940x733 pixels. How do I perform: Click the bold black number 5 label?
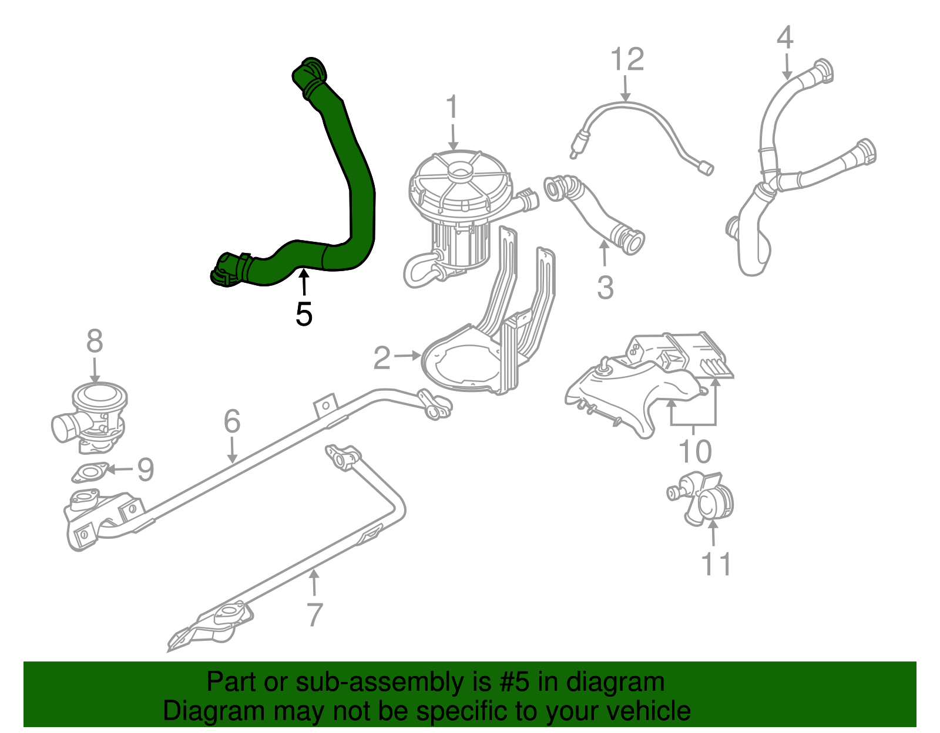[x=304, y=315]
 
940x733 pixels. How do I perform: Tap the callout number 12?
[x=627, y=59]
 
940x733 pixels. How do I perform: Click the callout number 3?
[x=605, y=288]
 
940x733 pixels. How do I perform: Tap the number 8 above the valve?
[x=95, y=342]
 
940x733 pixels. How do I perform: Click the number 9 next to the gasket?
[x=145, y=469]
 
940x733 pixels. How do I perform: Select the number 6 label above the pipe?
[x=232, y=421]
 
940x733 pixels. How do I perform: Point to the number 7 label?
[x=315, y=614]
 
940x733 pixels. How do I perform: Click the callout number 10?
[x=694, y=451]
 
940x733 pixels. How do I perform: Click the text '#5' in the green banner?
[x=515, y=682]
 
